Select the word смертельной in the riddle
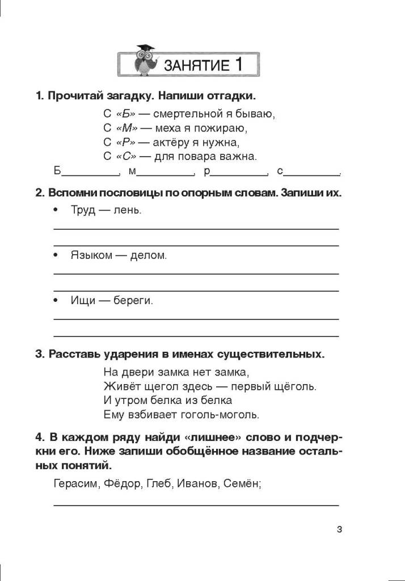coord(188,113)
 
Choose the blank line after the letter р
coord(238,173)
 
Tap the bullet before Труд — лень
coord(56,210)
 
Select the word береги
coord(134,300)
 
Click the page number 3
coord(339,530)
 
